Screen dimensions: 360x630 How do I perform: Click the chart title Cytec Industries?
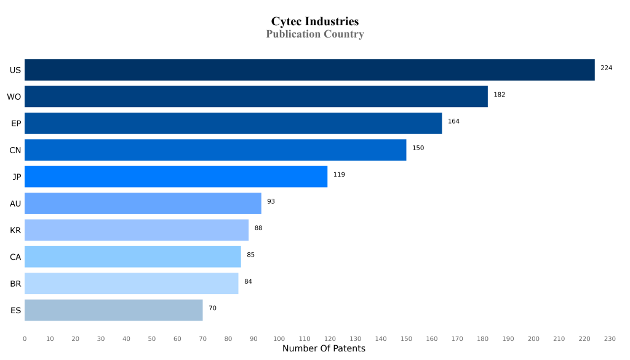tap(314, 22)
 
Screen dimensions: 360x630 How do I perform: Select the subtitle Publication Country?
tap(314, 34)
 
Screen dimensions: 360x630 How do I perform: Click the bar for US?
tap(309, 70)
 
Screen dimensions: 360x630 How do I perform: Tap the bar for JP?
tap(176, 177)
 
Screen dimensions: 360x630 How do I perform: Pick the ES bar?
tap(114, 310)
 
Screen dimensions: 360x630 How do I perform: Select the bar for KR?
tap(137, 230)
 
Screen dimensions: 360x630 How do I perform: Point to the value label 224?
tap(606, 68)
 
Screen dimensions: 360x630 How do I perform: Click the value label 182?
tap(499, 95)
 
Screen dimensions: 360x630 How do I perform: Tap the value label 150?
tap(418, 148)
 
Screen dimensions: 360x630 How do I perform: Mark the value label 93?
tap(271, 201)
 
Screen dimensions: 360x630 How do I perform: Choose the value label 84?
tap(248, 281)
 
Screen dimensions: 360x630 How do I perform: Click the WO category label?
tap(14, 97)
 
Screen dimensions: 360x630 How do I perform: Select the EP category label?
tap(16, 124)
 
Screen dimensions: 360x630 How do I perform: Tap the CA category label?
tap(15, 257)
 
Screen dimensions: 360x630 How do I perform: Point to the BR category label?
tap(15, 284)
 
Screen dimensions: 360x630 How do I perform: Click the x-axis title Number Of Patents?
tap(324, 349)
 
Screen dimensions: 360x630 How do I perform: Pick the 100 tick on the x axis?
tap(279, 339)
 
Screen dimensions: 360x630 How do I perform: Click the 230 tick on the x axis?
tap(610, 339)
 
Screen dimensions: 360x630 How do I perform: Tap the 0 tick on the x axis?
tap(25, 339)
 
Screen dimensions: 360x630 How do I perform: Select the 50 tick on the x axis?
tap(152, 339)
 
